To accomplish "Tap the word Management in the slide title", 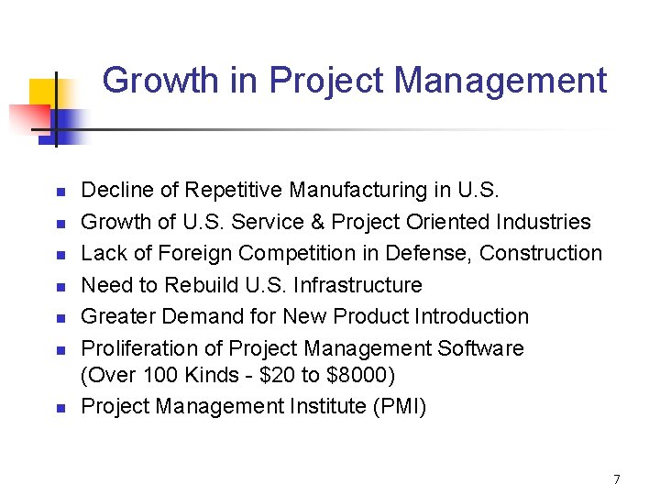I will tap(500, 81).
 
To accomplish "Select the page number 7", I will tap(616, 479).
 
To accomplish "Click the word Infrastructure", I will tap(358, 285).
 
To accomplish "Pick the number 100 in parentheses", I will tap(149, 375).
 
